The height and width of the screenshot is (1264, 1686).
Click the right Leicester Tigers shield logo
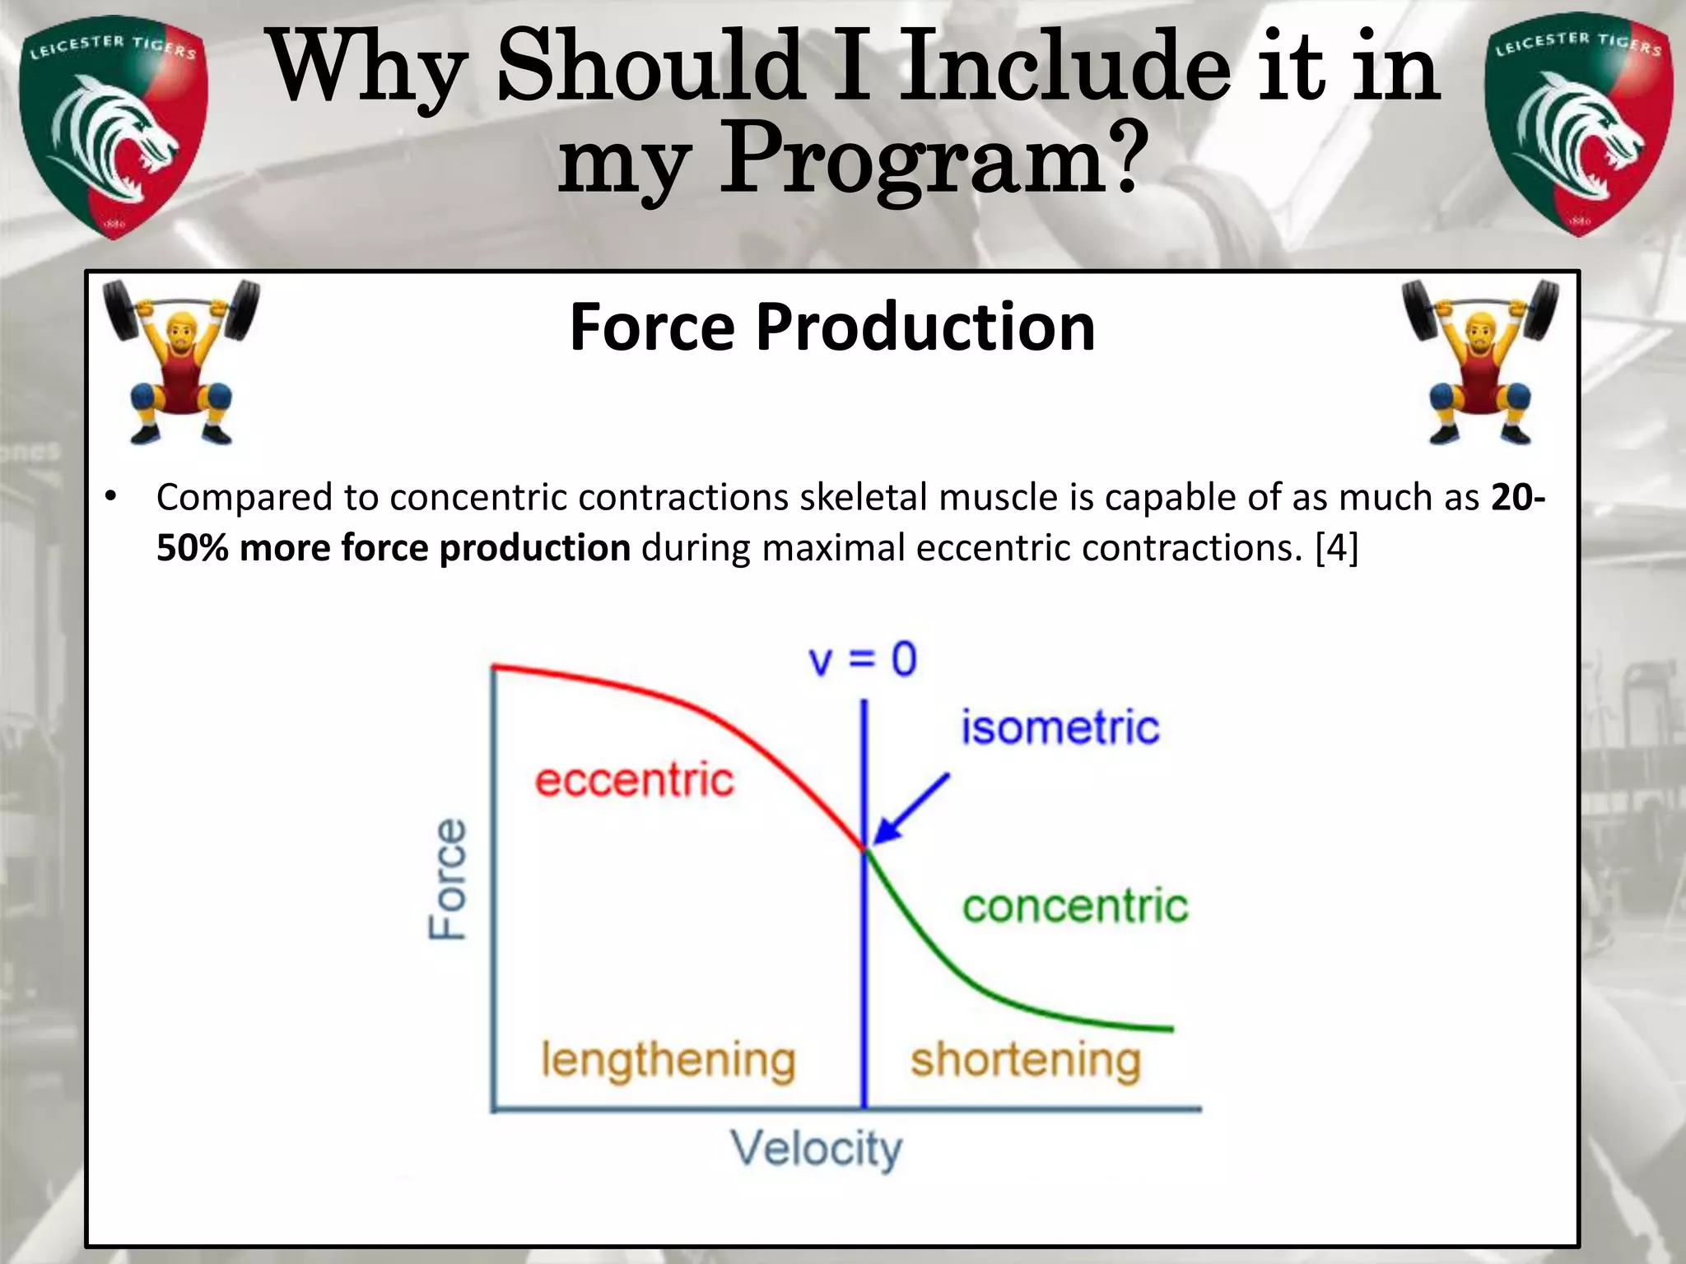[x=1578, y=125]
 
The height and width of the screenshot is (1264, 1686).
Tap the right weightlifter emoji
[x=1480, y=362]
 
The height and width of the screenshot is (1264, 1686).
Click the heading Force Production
[x=831, y=328]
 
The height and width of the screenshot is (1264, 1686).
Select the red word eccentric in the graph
[x=634, y=780]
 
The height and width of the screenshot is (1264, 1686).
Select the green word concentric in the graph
[x=1075, y=906]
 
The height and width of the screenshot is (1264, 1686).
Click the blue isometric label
[x=1060, y=727]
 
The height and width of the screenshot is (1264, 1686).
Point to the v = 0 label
[x=863, y=660]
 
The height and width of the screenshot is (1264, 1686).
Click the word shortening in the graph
[x=1026, y=1061]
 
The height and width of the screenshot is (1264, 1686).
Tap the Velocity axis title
[x=817, y=1150]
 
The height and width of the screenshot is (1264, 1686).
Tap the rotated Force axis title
[x=449, y=879]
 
